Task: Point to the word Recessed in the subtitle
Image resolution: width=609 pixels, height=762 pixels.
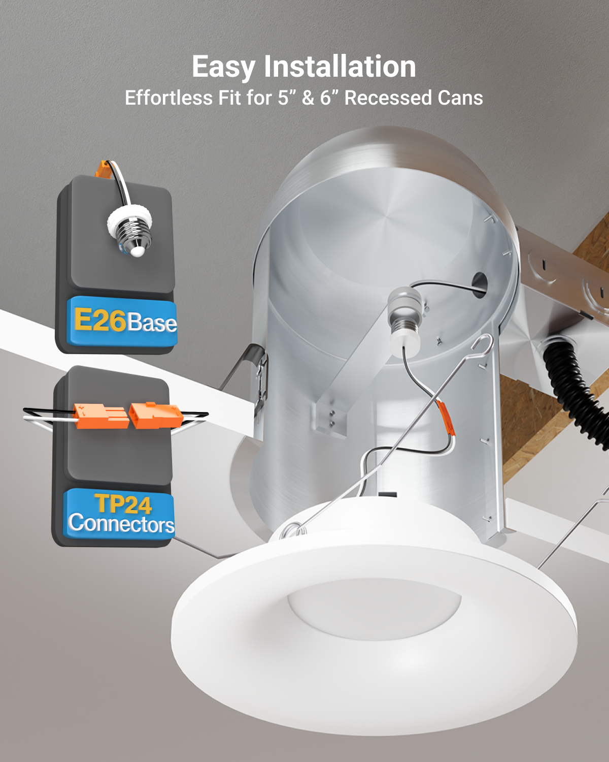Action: coord(388,98)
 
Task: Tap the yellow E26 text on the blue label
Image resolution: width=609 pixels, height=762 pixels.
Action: coord(100,320)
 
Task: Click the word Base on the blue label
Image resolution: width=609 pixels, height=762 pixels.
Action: coord(151,323)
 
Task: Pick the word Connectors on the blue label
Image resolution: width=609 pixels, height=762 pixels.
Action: coord(121,523)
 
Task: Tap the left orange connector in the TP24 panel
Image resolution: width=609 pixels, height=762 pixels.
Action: coord(101,416)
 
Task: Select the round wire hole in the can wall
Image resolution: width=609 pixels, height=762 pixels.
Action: coord(480,284)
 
